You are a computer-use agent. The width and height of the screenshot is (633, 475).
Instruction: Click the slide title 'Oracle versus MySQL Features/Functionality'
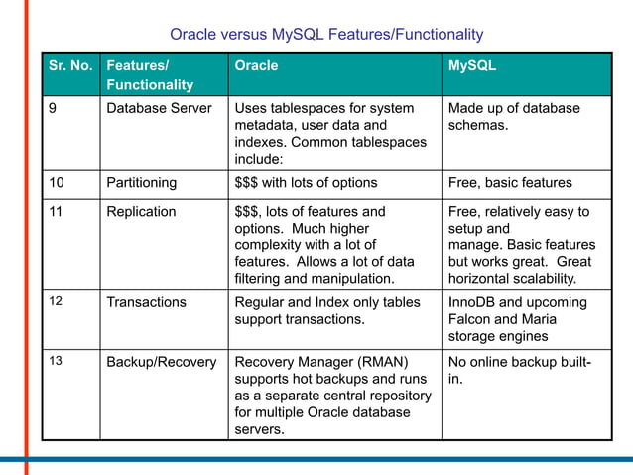326,35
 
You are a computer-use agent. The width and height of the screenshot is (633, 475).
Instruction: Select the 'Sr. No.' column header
70,66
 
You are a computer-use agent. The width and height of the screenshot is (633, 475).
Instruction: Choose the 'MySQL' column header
472,66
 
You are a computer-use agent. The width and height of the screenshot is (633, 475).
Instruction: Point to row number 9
54,108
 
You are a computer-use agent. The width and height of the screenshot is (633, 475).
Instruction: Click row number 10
58,183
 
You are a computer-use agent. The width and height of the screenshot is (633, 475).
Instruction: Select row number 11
57,212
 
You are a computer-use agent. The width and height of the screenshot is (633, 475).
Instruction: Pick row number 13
57,362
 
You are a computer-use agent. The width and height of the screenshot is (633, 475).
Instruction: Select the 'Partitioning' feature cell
142,183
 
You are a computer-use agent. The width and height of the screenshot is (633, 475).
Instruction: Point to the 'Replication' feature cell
141,212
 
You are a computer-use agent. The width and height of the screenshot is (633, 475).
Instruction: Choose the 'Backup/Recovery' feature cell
162,362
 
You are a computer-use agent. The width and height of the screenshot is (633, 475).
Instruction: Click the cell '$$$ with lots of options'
306,183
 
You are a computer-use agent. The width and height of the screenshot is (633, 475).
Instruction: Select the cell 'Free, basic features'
510,183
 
